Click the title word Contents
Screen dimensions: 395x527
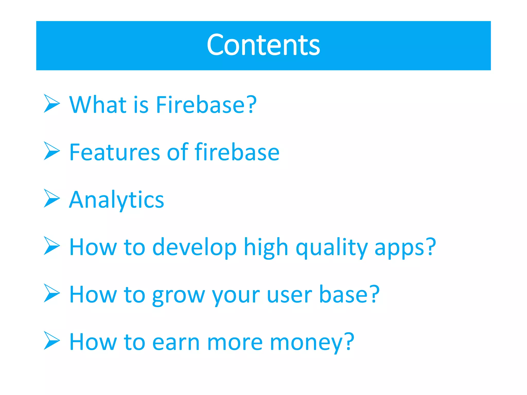tap(263, 45)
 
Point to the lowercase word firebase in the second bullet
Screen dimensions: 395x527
tap(237, 152)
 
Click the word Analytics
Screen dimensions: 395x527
tap(117, 200)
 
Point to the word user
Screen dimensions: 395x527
tap(289, 295)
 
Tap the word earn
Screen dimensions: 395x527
tap(176, 342)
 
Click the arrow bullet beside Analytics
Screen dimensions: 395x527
tap(52, 198)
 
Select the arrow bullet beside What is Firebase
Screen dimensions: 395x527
tap(52, 103)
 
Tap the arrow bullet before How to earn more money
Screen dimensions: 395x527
tap(52, 340)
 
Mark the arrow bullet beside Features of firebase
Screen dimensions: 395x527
tap(52, 151)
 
